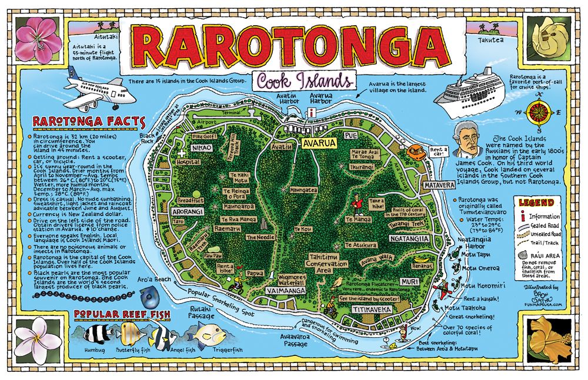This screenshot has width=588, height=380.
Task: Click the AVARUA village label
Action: (319, 143)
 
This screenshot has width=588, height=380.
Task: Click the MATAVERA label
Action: (439, 186)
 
